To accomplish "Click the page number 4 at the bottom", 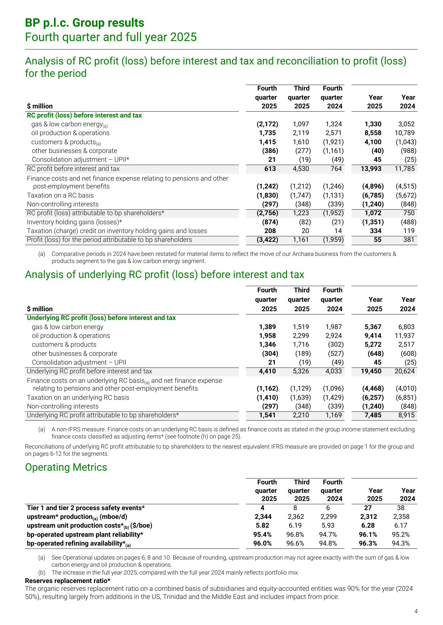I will pos(416,611).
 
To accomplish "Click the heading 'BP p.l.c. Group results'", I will pos(85,23).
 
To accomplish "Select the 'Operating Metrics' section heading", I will pos(66,467).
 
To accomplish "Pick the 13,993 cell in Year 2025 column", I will pos(371,169).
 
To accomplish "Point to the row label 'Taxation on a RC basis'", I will pos(60,195).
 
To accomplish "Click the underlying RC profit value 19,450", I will pos(371,371).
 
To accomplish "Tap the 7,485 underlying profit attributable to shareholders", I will pos(373,415).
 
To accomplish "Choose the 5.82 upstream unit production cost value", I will pos(262,525).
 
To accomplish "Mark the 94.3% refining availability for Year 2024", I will pos(401,543).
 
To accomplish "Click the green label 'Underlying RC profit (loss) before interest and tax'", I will pos(101,318).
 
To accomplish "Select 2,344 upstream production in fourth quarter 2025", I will pos(263,517).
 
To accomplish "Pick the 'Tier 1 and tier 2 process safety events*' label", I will pos(85,508).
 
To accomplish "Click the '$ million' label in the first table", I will pos(40,106).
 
